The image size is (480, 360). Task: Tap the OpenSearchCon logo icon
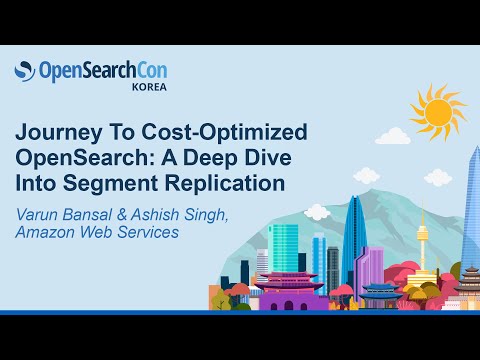pos(25,71)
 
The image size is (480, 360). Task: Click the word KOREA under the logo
pos(148,87)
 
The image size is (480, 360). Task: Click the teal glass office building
pos(285,250)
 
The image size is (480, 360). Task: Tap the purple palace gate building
pos(291,289)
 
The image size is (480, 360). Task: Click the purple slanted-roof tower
pos(370,266)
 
